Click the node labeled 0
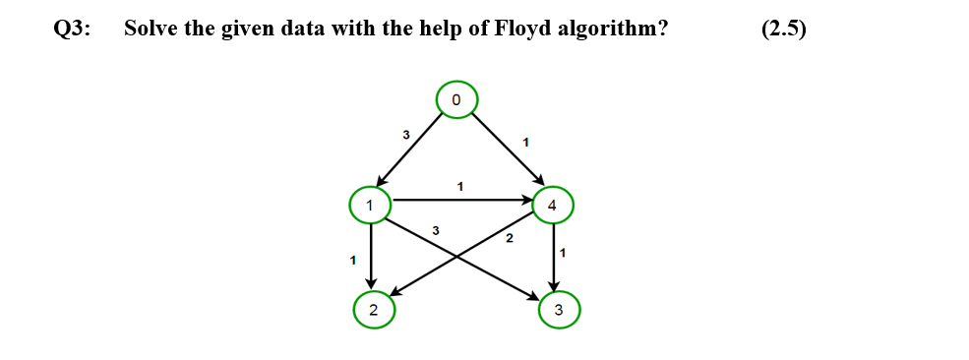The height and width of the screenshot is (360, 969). [x=456, y=99]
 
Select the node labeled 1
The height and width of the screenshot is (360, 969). [x=370, y=206]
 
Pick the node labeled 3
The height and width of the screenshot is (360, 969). [x=559, y=311]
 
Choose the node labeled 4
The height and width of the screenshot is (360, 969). [x=552, y=206]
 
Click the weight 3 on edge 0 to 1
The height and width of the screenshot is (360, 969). [x=405, y=134]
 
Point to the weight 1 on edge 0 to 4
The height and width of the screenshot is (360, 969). [x=525, y=143]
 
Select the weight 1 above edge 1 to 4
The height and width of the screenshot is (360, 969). [x=459, y=185]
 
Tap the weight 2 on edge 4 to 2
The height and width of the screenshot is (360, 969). [x=509, y=239]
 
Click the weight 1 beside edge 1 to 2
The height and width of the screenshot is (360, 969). [x=351, y=260]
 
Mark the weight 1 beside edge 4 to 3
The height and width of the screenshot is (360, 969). [x=562, y=254]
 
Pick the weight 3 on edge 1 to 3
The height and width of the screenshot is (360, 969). [x=435, y=230]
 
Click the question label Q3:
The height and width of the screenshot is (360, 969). [x=72, y=29]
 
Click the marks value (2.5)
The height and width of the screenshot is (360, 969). [x=784, y=29]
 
